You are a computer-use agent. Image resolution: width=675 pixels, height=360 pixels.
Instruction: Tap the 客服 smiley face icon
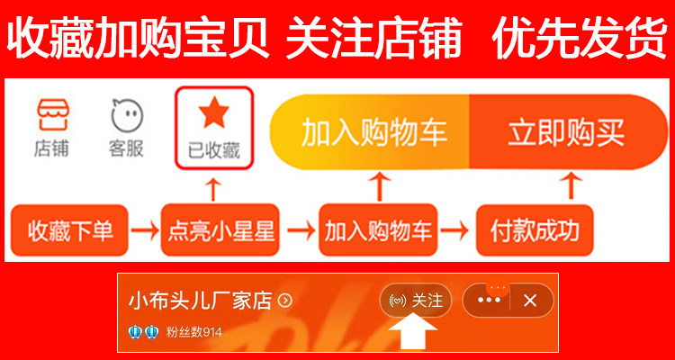(126, 114)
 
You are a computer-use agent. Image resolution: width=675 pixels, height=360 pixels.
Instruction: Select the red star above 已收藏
(214, 113)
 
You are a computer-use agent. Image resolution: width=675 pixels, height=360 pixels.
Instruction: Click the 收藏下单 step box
(69, 230)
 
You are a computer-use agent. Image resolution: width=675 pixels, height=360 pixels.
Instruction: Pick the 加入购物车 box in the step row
(379, 230)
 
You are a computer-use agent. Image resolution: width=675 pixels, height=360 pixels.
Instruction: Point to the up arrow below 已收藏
(213, 190)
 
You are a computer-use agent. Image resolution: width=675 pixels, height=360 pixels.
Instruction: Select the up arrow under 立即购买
(569, 187)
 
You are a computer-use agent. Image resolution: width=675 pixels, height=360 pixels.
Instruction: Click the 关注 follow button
(417, 301)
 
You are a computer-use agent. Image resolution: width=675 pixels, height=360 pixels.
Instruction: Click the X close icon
(530, 301)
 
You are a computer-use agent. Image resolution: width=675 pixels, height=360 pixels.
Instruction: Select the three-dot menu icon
(490, 301)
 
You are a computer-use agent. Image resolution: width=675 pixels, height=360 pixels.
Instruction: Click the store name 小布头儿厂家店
(201, 301)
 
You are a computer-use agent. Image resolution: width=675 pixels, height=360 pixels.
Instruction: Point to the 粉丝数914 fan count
(194, 332)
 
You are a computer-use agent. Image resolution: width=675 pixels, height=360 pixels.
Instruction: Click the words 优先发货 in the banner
(579, 40)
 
